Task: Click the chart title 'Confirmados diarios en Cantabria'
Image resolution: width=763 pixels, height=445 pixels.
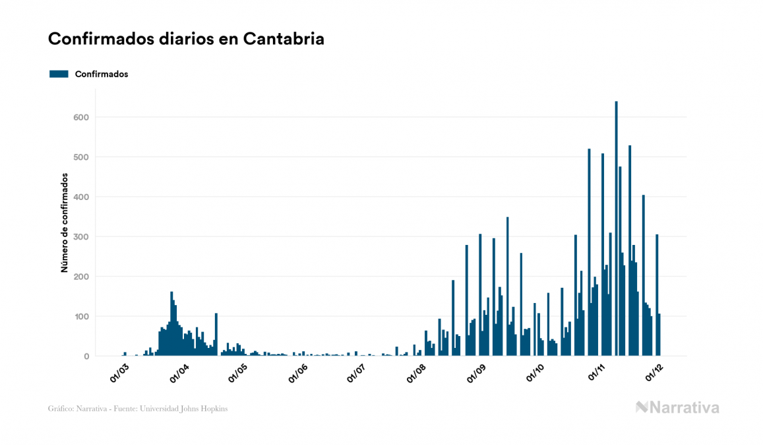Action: pyautogui.click(x=186, y=39)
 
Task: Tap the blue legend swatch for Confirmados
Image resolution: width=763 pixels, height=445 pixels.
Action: pyautogui.click(x=59, y=74)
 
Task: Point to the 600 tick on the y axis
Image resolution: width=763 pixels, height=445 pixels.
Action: pyautogui.click(x=82, y=118)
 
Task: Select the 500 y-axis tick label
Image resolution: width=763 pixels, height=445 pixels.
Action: pyautogui.click(x=82, y=157)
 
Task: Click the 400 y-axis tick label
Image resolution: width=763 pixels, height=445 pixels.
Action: pyautogui.click(x=82, y=197)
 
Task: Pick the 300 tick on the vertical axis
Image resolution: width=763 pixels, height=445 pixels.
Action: pyautogui.click(x=82, y=237)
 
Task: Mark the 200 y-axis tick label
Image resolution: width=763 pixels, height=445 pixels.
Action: pyautogui.click(x=82, y=277)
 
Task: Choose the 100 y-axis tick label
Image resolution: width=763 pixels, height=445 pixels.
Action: pyautogui.click(x=82, y=317)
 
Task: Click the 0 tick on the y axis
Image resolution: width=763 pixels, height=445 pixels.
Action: pyautogui.click(x=86, y=357)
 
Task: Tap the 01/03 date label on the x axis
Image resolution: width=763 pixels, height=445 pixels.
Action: pyautogui.click(x=120, y=373)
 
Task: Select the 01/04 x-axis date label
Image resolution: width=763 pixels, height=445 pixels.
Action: pyautogui.click(x=179, y=373)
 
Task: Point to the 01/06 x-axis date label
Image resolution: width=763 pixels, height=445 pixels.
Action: pyautogui.click(x=298, y=373)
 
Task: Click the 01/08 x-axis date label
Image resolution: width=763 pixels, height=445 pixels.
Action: pyautogui.click(x=417, y=373)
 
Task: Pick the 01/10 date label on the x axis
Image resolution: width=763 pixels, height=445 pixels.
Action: pyautogui.click(x=535, y=373)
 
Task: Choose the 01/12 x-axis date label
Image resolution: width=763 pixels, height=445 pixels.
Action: pyautogui.click(x=655, y=373)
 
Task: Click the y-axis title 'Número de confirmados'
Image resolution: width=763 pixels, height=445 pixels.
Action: pyautogui.click(x=65, y=223)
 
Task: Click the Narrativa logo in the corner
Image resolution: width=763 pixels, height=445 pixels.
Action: pyautogui.click(x=677, y=408)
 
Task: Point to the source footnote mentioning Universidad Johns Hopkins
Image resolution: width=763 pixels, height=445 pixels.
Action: pyautogui.click(x=138, y=409)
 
